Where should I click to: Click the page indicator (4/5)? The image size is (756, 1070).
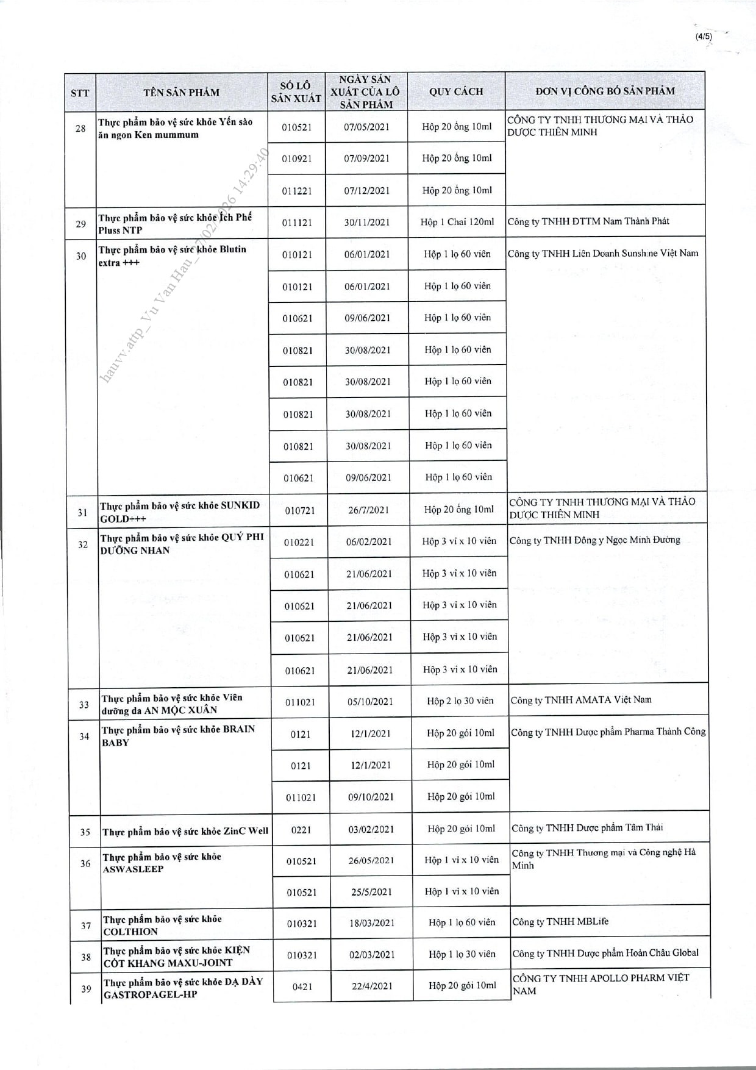[703, 37]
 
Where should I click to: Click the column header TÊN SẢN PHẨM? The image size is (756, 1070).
[181, 92]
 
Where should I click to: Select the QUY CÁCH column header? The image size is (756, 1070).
[456, 91]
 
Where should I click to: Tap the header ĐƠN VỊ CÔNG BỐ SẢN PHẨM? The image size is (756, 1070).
[605, 91]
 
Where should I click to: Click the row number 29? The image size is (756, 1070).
[80, 224]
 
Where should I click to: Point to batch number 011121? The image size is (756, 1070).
[297, 223]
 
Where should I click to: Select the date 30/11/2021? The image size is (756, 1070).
[367, 223]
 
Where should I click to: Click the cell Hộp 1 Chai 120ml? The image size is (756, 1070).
[457, 222]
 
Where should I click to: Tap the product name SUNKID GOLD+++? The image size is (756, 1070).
[180, 512]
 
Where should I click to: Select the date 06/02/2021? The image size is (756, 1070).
[369, 541]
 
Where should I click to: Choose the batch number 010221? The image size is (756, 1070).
[299, 542]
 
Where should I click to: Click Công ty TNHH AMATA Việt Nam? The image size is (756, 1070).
[581, 700]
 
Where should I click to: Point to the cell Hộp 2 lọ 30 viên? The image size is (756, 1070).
[460, 701]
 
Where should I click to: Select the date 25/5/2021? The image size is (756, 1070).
[371, 892]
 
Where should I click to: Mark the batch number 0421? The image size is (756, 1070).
[302, 986]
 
